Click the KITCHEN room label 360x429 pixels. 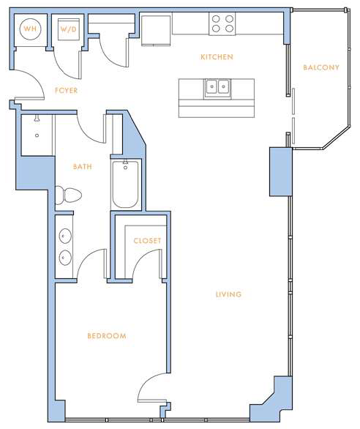[x=217, y=57]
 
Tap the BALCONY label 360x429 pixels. [x=321, y=67]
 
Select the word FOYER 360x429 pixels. [x=66, y=91]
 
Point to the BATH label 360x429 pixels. [x=83, y=167]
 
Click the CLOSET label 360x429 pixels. [x=147, y=241]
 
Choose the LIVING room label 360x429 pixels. [x=229, y=294]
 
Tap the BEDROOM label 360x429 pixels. [x=107, y=336]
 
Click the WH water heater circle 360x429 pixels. [x=30, y=29]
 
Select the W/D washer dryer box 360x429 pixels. [x=68, y=29]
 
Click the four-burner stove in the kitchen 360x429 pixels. [x=222, y=24]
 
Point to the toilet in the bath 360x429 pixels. [x=68, y=195]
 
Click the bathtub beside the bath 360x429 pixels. [x=125, y=184]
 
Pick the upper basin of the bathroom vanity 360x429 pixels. [x=65, y=236]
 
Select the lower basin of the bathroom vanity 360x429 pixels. [x=65, y=258]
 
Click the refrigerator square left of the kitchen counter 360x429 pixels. [x=156, y=30]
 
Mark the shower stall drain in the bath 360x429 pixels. [x=37, y=135]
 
